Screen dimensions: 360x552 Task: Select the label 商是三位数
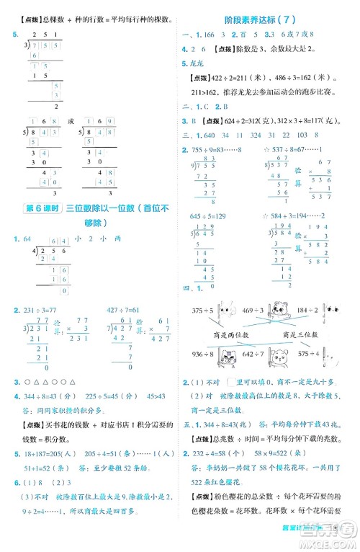pyautogui.click(x=300, y=335)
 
